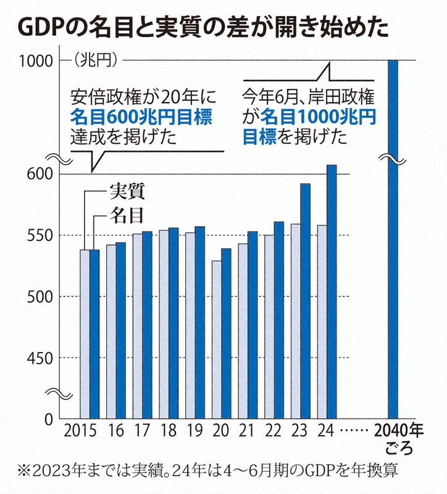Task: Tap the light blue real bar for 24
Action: pos(322,321)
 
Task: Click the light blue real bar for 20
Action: pos(216,340)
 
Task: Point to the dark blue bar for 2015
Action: pos(94,333)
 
